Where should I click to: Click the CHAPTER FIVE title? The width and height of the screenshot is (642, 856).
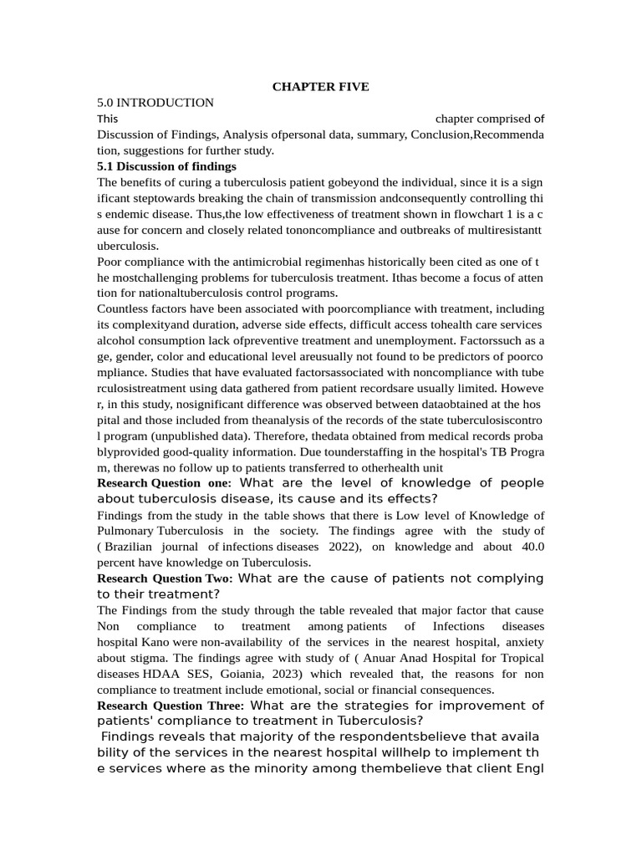320,87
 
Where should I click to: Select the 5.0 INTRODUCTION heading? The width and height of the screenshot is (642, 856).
155,103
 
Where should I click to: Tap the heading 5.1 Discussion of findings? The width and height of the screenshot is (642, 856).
166,166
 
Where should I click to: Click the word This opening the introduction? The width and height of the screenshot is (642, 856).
108,119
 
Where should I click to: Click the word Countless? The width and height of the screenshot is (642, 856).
124,309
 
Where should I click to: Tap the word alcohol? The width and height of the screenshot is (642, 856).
116,341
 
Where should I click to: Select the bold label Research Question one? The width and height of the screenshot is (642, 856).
160,483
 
